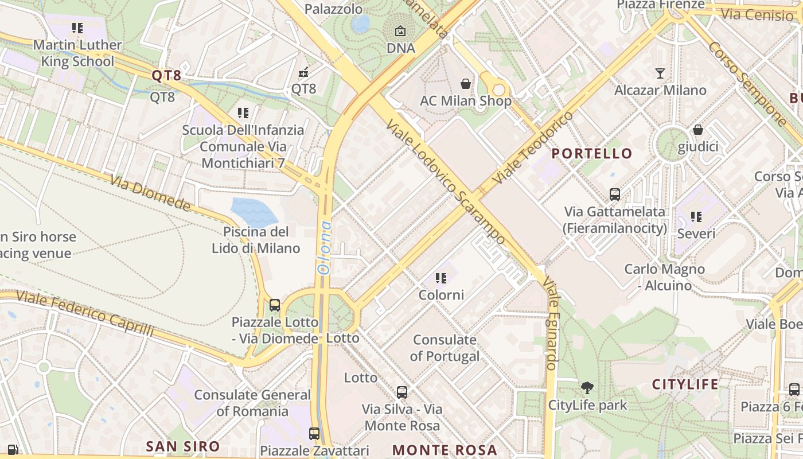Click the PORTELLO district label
pyautogui.click(x=592, y=154)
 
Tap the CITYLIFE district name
pyautogui.click(x=685, y=384)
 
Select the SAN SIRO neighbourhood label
pyautogui.click(x=182, y=446)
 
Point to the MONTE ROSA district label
pyautogui.click(x=445, y=450)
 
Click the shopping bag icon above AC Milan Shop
pyautogui.click(x=466, y=84)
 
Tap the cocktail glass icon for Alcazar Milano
pyautogui.click(x=660, y=73)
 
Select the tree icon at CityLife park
pyautogui.click(x=587, y=388)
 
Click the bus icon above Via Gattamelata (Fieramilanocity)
pyautogui.click(x=615, y=195)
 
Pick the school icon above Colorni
pyautogui.click(x=441, y=278)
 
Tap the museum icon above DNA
pyautogui.click(x=400, y=31)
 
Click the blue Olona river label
pyautogui.click(x=325, y=247)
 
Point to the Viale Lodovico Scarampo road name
pyautogui.click(x=446, y=181)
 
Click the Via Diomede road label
pyautogui.click(x=150, y=193)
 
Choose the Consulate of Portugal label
pyautogui.click(x=445, y=348)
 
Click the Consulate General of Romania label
pyautogui.click(x=252, y=403)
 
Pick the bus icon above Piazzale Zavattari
pyautogui.click(x=314, y=433)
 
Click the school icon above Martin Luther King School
pyautogui.click(x=77, y=28)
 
